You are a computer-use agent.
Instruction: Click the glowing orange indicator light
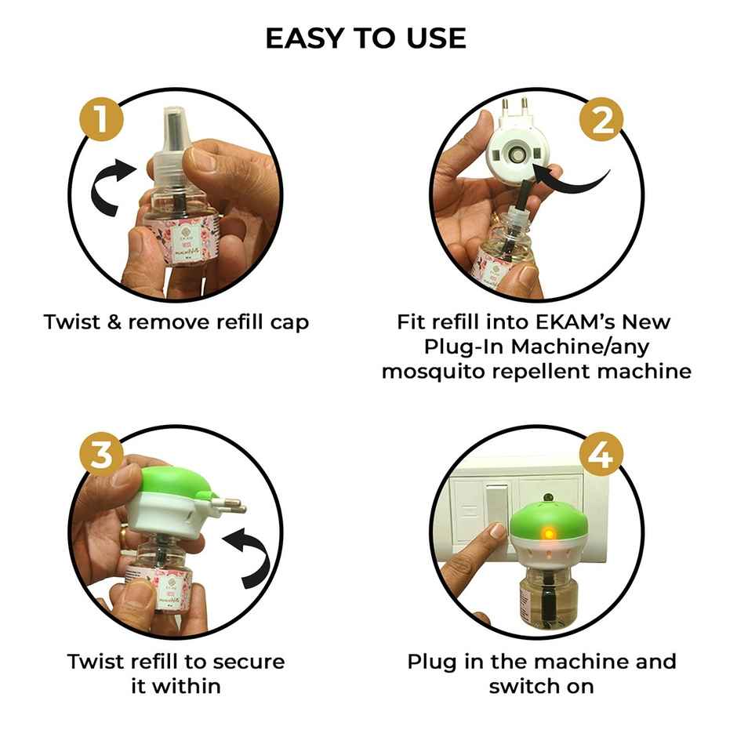(549, 534)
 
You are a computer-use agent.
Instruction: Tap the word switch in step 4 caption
(521, 686)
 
